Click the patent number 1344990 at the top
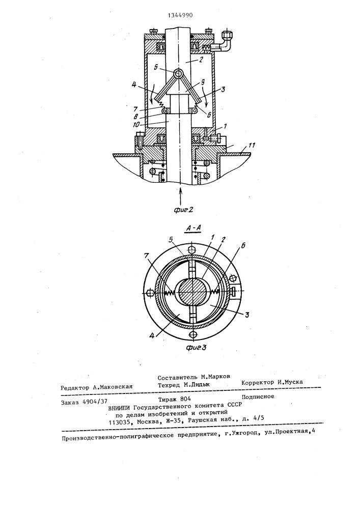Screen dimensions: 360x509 [180, 15]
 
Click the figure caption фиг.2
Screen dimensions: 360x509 [183, 209]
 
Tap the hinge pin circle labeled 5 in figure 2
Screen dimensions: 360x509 [178, 74]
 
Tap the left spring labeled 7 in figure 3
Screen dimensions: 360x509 [169, 293]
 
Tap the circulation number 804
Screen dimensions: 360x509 [185, 399]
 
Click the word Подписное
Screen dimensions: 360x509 [258, 397]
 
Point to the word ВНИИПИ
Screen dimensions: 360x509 [120, 408]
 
